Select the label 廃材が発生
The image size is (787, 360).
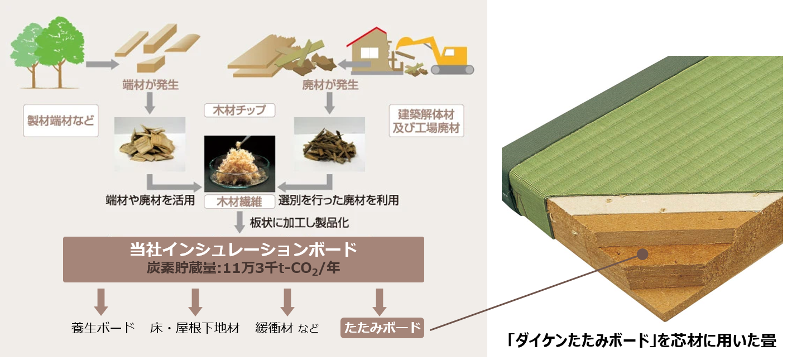pyautogui.click(x=330, y=85)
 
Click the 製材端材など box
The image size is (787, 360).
pyautogui.click(x=61, y=120)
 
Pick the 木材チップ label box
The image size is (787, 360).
pyautogui.click(x=240, y=109)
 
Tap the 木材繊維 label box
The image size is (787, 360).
pyautogui.click(x=240, y=201)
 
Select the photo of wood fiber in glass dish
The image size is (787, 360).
pyautogui.click(x=240, y=164)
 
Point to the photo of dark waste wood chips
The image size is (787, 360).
pyautogui.click(x=329, y=144)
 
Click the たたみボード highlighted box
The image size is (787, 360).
pyautogui.click(x=382, y=328)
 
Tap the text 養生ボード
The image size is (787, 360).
pyautogui.click(x=103, y=328)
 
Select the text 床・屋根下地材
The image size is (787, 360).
pyautogui.click(x=195, y=328)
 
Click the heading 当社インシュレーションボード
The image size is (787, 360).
pyautogui.click(x=243, y=249)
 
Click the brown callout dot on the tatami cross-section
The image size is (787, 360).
pyautogui.click(x=642, y=254)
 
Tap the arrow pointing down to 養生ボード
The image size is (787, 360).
pyautogui.click(x=101, y=302)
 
